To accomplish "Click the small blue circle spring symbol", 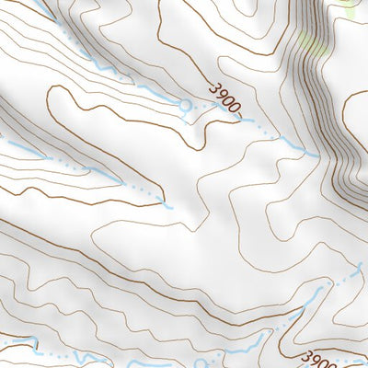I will click(187, 106).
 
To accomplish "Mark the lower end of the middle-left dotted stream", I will click(168, 207).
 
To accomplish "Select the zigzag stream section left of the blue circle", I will click(110, 69).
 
